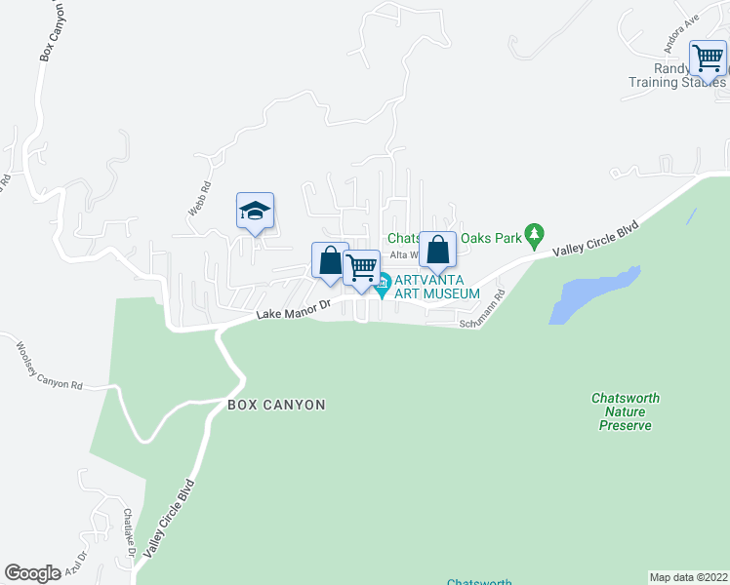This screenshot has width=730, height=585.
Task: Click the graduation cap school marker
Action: [255, 212]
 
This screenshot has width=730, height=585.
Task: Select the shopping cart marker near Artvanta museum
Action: [361, 268]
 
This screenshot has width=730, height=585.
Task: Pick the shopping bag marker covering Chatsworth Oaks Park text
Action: [438, 250]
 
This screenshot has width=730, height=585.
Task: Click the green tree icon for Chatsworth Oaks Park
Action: [533, 234]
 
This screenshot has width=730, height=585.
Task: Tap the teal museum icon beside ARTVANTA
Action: [383, 286]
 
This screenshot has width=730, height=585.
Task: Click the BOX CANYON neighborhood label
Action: [276, 404]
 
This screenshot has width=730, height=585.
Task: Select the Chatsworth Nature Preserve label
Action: [626, 411]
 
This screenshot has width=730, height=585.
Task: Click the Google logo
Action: [32, 573]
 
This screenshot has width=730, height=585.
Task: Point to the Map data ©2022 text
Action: [689, 577]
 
